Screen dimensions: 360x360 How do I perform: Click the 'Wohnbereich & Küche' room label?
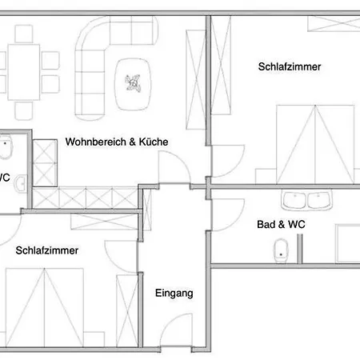[x=117, y=142]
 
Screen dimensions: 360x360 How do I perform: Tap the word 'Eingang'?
[x=174, y=294]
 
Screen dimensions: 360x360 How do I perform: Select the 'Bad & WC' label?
[x=281, y=224]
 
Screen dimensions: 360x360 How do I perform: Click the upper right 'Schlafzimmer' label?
[x=290, y=66]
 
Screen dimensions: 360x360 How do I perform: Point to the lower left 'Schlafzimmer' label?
[x=47, y=250]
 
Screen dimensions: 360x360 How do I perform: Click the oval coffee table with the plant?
[x=133, y=84]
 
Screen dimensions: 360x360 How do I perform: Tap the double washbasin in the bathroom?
[x=306, y=200]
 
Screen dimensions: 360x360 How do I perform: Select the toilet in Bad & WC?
[x=281, y=250]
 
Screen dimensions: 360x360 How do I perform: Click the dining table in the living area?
[x=24, y=72]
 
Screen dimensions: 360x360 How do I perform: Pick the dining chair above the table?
[x=24, y=34]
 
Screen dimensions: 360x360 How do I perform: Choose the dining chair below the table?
[x=24, y=110]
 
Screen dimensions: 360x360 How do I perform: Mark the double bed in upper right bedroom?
[x=315, y=144]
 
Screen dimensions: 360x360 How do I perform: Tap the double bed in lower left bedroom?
[x=45, y=307]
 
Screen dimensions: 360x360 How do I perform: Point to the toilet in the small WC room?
[x=6, y=146]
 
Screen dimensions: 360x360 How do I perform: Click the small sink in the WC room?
[x=20, y=184]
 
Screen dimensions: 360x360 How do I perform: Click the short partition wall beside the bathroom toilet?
[x=300, y=249]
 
